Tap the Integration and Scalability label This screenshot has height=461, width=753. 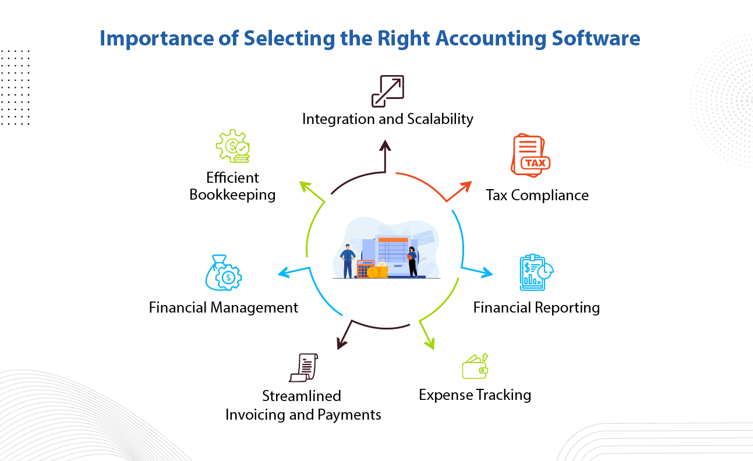387,119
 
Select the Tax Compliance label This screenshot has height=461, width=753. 537,195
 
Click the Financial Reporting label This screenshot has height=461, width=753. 536,307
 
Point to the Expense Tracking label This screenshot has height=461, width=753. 475,395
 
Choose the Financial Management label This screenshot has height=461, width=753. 224,307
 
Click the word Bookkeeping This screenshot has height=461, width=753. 232,195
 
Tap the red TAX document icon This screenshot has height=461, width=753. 529,155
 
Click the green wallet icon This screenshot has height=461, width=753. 475,367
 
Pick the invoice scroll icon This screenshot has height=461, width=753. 303,368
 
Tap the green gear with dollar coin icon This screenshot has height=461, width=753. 233,146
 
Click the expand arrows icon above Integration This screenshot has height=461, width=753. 387,91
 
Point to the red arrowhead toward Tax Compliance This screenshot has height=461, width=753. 466,186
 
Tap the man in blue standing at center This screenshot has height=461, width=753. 348,261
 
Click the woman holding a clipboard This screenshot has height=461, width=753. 412,261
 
